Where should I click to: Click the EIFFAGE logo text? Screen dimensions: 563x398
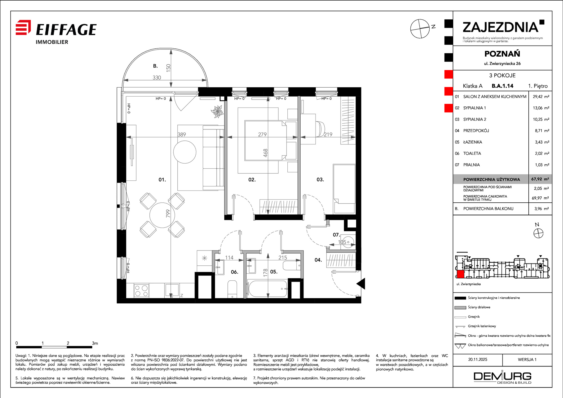click(x=66, y=30)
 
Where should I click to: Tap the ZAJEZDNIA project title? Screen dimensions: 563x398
click(x=501, y=27)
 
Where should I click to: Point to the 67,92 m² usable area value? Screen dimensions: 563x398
click(x=540, y=179)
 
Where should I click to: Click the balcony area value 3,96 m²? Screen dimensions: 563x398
click(x=541, y=209)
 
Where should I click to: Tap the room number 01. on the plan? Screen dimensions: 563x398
click(x=162, y=180)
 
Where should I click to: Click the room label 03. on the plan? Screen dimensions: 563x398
click(x=320, y=180)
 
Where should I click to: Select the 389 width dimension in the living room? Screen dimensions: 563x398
click(x=182, y=135)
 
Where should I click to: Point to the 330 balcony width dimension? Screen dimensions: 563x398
click(x=157, y=77)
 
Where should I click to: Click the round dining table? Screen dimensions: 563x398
click(x=162, y=215)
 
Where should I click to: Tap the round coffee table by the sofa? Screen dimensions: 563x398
click(x=185, y=152)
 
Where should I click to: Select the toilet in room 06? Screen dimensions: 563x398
click(x=232, y=289)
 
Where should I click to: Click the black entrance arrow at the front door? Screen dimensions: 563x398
click(x=361, y=284)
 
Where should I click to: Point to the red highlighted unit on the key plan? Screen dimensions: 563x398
click(x=460, y=274)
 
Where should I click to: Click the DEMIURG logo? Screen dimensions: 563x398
click(x=502, y=377)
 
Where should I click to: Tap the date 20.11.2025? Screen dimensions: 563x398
click(x=478, y=359)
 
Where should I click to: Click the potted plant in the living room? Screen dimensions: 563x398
click(x=217, y=112)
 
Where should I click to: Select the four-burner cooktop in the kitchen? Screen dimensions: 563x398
click(x=141, y=291)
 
